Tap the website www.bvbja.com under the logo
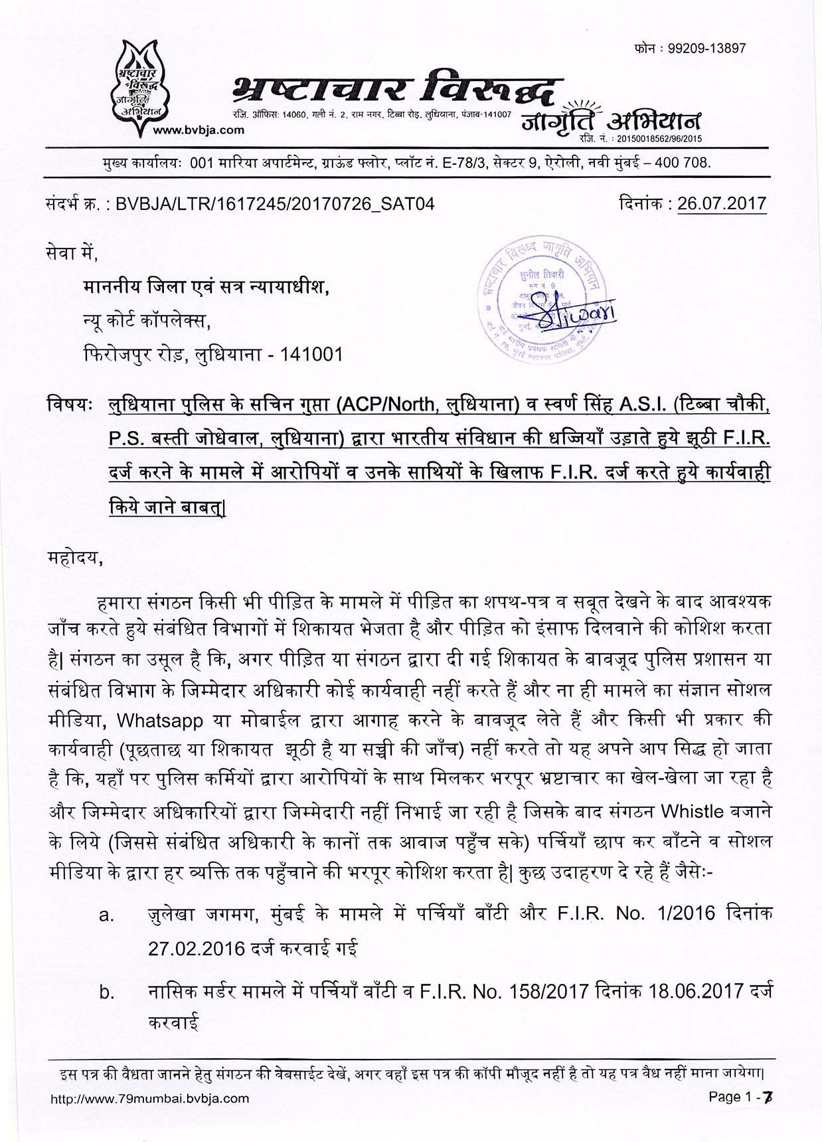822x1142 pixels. coord(199,130)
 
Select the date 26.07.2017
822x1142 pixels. coord(722,203)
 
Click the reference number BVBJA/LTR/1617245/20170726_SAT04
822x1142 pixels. coord(275,204)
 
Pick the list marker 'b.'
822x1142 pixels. coord(107,993)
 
